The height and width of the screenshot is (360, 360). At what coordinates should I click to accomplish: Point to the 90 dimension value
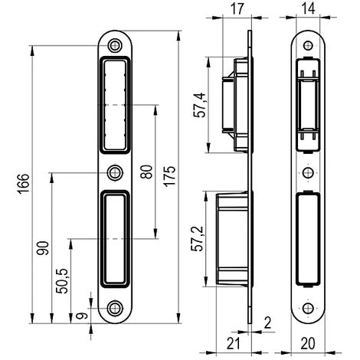pos(43,248)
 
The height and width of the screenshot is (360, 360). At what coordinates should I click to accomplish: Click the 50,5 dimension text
pos(62,281)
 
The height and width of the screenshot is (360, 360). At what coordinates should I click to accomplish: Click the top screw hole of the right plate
pos(307,44)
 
